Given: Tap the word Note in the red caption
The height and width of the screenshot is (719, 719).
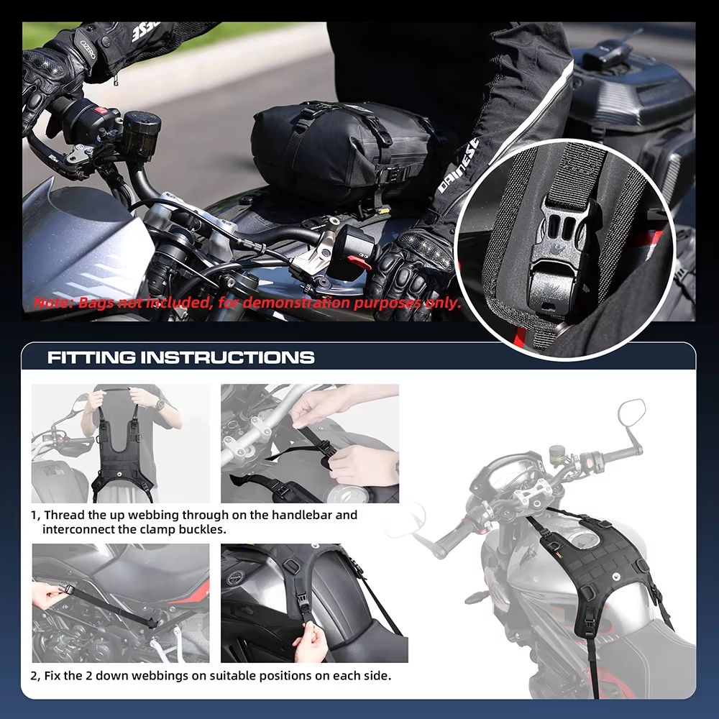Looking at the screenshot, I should tap(52, 302).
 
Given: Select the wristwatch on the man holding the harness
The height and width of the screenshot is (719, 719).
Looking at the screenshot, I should tap(159, 406).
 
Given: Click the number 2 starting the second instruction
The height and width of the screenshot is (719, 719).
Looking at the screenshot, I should tap(35, 676).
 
